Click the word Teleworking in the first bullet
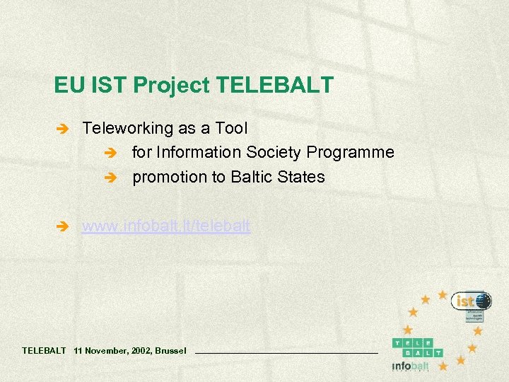coord(127,129)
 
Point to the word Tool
coord(232,129)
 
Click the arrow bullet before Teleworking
coord(62,129)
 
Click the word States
coord(304,177)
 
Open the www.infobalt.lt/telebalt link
coord(166,226)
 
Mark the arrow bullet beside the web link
coord(62,227)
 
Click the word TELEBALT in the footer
coord(44,350)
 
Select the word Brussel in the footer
coord(170,350)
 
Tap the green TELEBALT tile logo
coord(418,347)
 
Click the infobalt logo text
coord(411,366)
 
